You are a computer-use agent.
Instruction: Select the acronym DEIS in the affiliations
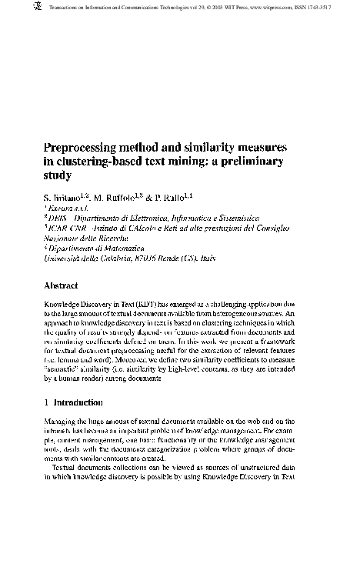click(x=58, y=218)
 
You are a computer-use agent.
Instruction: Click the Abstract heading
click(x=65, y=285)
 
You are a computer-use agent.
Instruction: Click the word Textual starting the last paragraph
click(x=69, y=466)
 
